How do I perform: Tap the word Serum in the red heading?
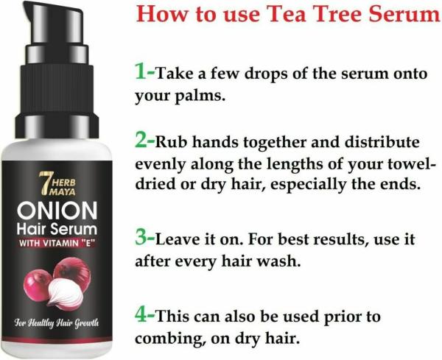point(404,14)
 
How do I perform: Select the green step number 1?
point(140,71)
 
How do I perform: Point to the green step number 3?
point(141,238)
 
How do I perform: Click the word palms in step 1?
point(200,97)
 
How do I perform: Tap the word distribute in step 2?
point(382,141)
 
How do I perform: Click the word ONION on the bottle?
point(57,211)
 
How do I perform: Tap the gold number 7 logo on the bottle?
point(44,183)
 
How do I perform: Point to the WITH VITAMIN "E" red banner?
point(57,243)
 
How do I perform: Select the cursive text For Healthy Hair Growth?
point(57,322)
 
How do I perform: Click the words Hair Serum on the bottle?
point(57,229)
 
